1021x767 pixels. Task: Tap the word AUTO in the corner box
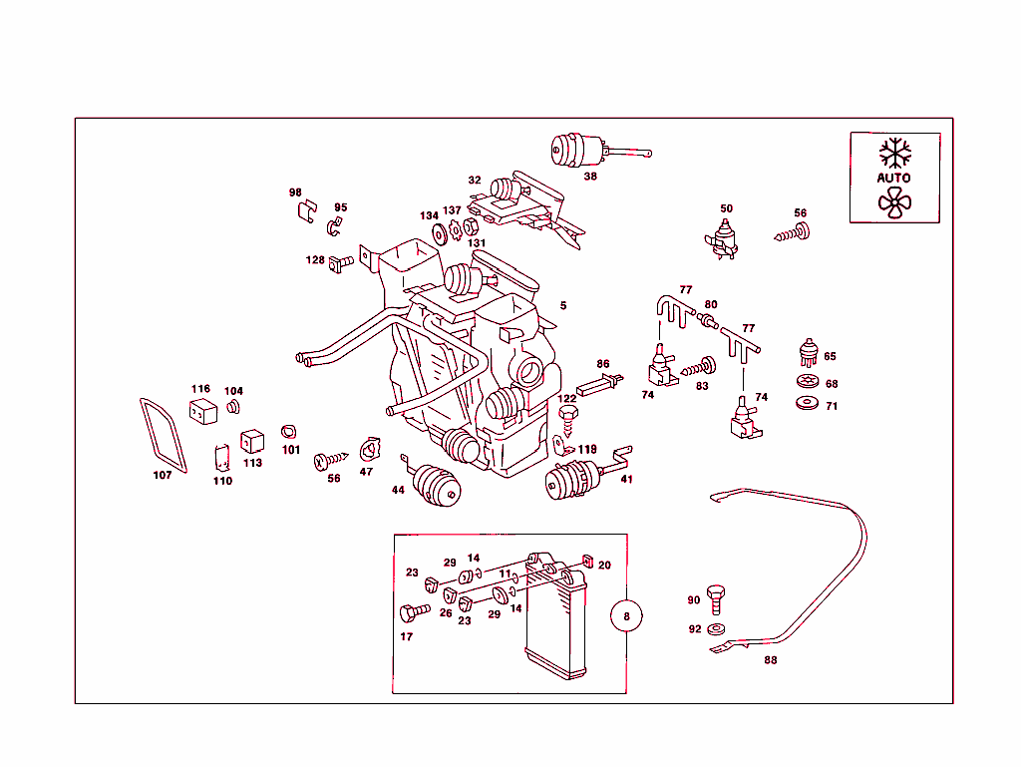[893, 178]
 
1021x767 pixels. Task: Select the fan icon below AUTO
[893, 202]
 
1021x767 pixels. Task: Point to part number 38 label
[590, 176]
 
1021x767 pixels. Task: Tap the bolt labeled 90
[715, 596]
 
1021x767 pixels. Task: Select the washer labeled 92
[716, 630]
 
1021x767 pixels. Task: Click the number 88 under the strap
[770, 659]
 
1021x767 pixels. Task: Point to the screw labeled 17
[412, 611]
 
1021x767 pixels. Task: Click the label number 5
[563, 305]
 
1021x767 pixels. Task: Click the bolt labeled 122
[568, 418]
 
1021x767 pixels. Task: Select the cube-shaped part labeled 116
[203, 410]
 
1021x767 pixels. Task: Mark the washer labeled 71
[806, 403]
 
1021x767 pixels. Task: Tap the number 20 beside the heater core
[604, 566]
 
